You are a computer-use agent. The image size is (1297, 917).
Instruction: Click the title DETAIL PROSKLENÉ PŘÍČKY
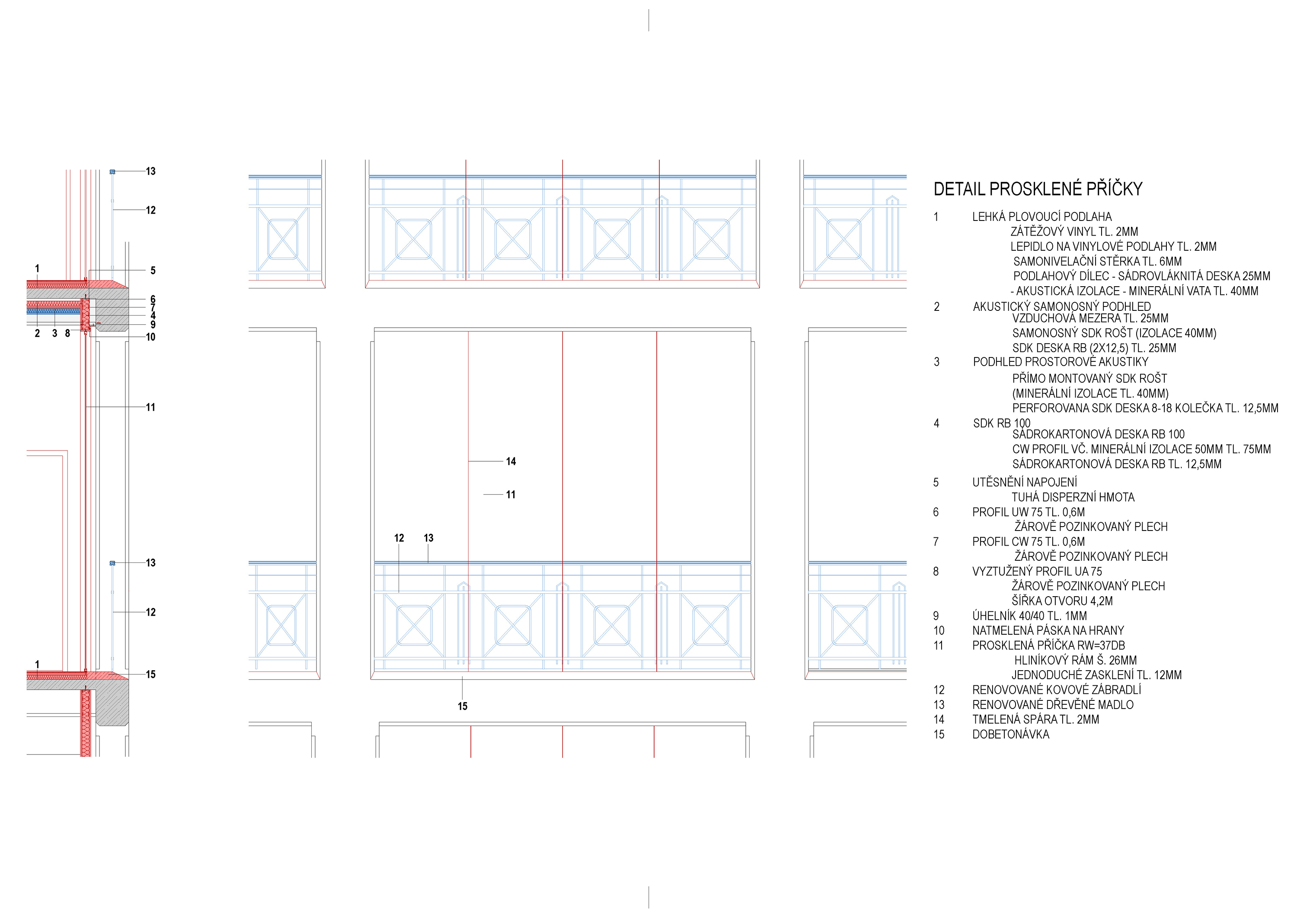(1038, 189)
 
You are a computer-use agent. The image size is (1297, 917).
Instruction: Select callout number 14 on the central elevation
(511, 462)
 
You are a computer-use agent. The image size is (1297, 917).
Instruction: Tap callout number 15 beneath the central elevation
(463, 706)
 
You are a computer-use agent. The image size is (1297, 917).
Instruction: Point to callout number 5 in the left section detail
(153, 271)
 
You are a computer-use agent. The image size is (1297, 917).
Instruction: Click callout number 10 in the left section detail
(150, 337)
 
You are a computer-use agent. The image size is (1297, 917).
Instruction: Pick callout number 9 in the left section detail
(153, 325)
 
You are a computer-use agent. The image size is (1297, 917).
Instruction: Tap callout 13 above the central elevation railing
(429, 538)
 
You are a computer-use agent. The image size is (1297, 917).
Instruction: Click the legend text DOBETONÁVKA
(1011, 735)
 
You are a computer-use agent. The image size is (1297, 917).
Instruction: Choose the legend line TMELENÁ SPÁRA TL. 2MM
(1035, 720)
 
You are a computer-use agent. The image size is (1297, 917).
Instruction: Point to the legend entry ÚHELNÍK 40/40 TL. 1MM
(1029, 616)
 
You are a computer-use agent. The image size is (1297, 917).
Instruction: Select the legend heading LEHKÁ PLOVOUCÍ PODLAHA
(1041, 217)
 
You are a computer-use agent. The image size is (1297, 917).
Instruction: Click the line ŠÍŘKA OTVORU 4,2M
(1062, 601)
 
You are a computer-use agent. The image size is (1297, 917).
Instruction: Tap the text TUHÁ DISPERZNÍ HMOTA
(1073, 497)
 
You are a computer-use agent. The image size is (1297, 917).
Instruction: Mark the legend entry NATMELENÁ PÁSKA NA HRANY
(1048, 630)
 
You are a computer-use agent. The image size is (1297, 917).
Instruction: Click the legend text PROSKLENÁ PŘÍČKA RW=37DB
(1048, 645)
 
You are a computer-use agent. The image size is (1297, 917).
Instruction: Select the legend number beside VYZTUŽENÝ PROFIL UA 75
(936, 572)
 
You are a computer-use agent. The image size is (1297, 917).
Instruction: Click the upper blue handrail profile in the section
(112, 171)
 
